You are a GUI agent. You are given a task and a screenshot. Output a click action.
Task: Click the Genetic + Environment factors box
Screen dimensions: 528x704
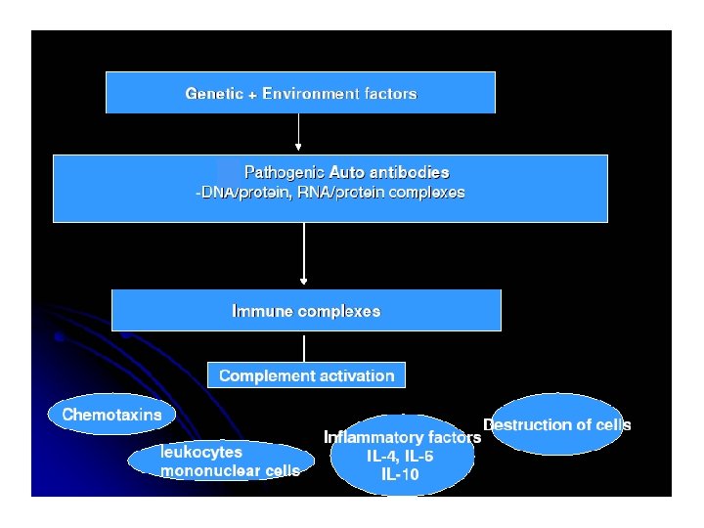(x=300, y=93)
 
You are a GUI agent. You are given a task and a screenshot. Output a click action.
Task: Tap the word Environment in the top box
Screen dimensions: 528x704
(x=312, y=94)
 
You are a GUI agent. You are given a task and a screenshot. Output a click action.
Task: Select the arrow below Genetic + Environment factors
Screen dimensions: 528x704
(x=298, y=133)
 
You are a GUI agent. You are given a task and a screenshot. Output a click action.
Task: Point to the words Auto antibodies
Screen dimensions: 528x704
(x=389, y=172)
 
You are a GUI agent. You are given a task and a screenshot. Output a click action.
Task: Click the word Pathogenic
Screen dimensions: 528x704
(x=284, y=172)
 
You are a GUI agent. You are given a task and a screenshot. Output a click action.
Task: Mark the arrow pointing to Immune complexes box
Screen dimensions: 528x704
(x=304, y=255)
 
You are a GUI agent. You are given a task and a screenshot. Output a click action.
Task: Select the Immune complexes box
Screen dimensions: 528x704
(x=306, y=311)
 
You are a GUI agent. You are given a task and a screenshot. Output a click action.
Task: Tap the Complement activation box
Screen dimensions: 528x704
(x=306, y=375)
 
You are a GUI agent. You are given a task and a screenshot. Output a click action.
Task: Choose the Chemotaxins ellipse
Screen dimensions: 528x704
(x=111, y=415)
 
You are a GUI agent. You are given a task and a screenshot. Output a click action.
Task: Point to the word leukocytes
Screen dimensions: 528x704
(x=201, y=452)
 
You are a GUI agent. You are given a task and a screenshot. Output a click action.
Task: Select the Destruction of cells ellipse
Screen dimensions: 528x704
(x=556, y=424)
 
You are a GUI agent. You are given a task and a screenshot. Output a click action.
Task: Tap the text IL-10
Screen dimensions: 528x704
(x=401, y=475)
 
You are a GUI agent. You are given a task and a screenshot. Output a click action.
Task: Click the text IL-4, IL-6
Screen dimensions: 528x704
(x=401, y=457)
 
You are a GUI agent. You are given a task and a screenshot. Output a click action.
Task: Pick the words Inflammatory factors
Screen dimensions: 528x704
(x=402, y=438)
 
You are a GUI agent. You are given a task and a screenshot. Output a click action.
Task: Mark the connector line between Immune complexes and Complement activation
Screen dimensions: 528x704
(x=304, y=347)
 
